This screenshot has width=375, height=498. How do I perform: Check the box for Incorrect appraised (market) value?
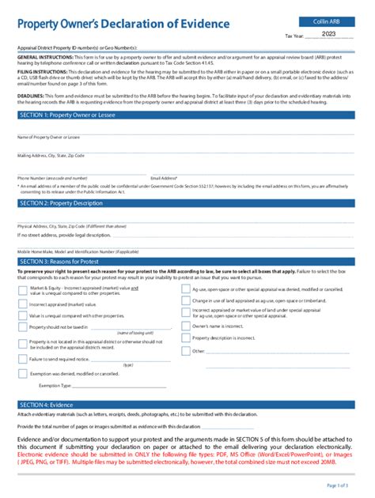coord(22,304)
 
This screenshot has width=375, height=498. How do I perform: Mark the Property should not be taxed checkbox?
coord(22,326)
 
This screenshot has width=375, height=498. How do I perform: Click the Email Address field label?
coord(164,179)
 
